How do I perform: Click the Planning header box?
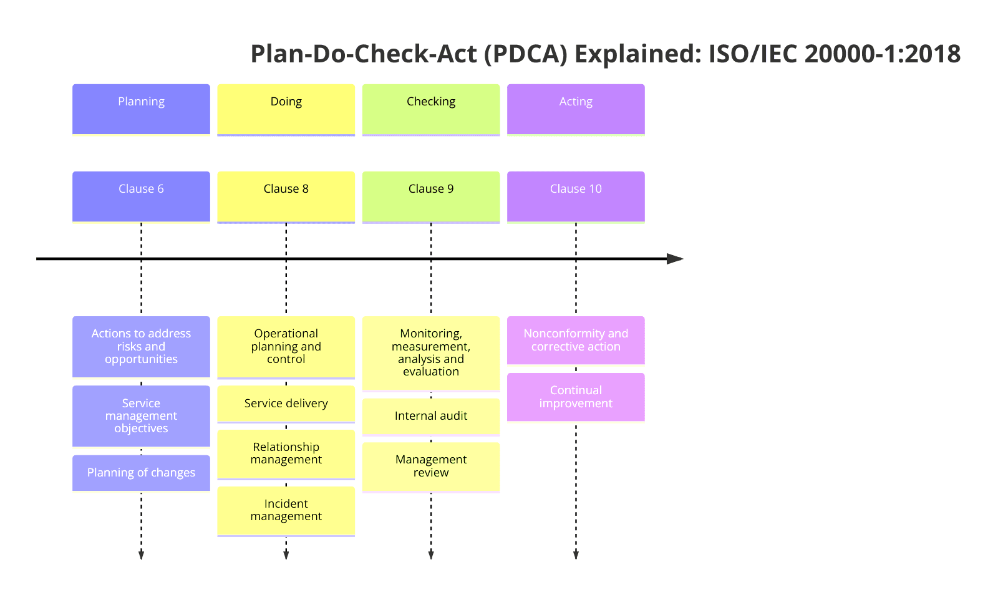(x=141, y=109)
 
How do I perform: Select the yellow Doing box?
(x=286, y=109)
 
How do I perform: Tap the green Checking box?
(x=430, y=109)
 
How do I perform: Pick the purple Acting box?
(x=575, y=109)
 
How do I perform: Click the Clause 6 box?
(x=141, y=196)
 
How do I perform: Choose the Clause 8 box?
(x=286, y=196)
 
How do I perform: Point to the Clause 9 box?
(x=430, y=196)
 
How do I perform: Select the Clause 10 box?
(x=575, y=196)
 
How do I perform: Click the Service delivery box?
(x=286, y=404)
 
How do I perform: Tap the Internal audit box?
(x=430, y=416)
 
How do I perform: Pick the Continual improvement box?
(x=575, y=397)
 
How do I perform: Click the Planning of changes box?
(x=141, y=473)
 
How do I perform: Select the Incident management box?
(x=286, y=510)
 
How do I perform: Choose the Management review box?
(x=430, y=467)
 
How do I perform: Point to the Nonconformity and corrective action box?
(x=575, y=340)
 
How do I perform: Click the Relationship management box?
(x=286, y=453)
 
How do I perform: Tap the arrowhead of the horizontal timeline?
(x=675, y=259)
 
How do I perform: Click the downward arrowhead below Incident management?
(x=286, y=554)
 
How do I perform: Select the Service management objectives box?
(x=141, y=415)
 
